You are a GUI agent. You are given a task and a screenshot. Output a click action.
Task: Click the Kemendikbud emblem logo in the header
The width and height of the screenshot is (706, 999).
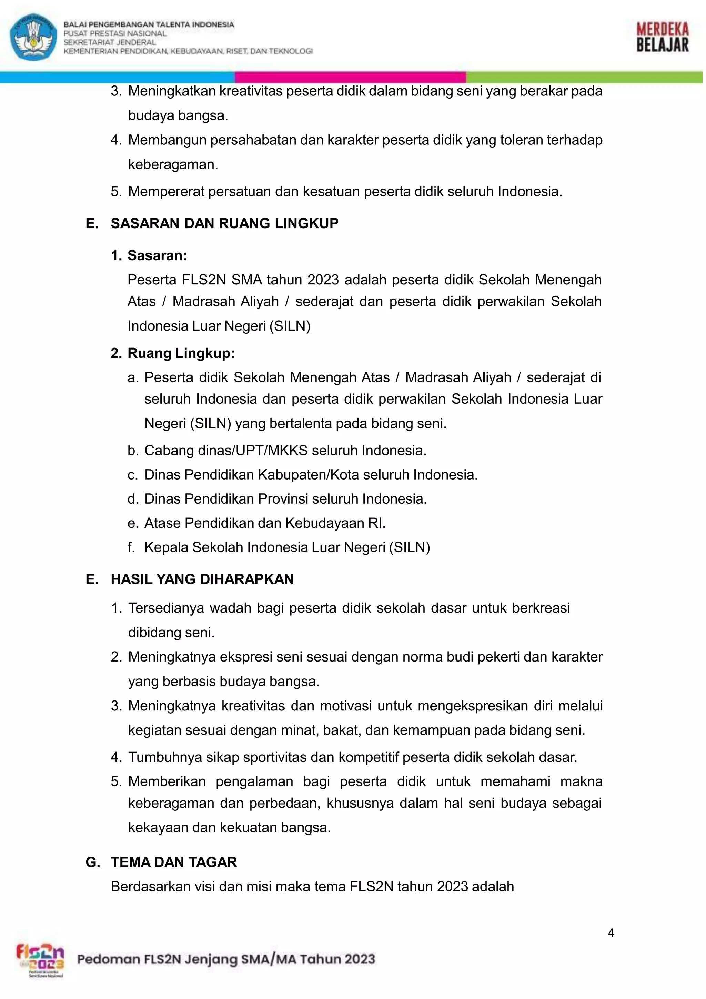pyautogui.click(x=33, y=37)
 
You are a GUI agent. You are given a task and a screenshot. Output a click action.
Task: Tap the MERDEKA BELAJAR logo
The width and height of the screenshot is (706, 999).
pyautogui.click(x=662, y=38)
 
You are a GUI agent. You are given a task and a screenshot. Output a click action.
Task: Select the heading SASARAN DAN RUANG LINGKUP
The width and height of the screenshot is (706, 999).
pyautogui.click(x=224, y=223)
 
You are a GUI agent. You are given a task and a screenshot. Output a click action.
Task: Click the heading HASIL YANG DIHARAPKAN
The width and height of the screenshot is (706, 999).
pyautogui.click(x=202, y=579)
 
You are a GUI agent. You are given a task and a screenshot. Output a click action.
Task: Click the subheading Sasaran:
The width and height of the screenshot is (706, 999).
pyautogui.click(x=157, y=255)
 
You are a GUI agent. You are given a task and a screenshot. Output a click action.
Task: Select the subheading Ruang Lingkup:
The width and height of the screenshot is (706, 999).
pyautogui.click(x=181, y=353)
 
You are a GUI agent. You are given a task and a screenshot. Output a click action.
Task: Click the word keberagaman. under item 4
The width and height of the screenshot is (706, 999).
pyautogui.click(x=173, y=164)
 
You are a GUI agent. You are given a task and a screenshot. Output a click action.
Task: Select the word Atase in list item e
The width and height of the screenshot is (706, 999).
pyautogui.click(x=162, y=523)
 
